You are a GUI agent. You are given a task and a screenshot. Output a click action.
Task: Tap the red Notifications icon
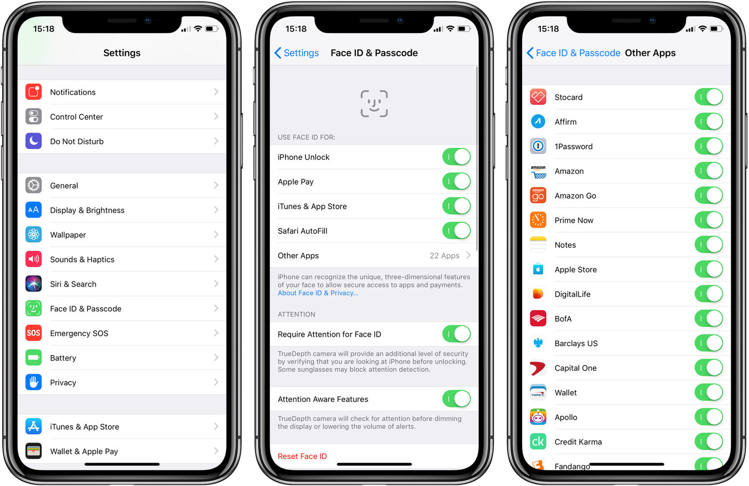(34, 92)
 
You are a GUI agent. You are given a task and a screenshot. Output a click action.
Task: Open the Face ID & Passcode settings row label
(86, 309)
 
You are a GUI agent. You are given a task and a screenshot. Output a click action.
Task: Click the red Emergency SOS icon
(34, 333)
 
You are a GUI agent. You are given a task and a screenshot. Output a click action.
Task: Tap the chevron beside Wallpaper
(216, 234)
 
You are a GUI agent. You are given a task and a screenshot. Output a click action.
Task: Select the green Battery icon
(34, 358)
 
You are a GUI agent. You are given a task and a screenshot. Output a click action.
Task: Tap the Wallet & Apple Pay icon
(34, 451)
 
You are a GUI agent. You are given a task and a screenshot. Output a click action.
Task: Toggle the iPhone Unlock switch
(456, 157)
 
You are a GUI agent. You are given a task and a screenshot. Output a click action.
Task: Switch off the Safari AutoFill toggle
(456, 230)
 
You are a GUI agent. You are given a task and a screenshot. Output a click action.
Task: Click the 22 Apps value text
(444, 256)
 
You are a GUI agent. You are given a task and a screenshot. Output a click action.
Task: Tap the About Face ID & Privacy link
(318, 293)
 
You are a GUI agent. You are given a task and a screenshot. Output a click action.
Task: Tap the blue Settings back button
(297, 53)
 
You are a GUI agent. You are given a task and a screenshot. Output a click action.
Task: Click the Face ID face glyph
(374, 104)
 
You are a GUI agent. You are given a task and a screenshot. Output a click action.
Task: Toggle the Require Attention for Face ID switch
(456, 334)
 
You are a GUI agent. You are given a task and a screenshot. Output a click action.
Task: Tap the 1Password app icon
(538, 146)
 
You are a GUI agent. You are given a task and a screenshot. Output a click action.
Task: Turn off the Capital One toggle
(709, 368)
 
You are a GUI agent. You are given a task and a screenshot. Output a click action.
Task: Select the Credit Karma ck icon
(538, 441)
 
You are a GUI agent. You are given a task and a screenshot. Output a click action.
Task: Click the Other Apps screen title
(650, 53)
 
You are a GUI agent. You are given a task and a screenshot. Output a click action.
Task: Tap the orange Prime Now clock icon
(538, 220)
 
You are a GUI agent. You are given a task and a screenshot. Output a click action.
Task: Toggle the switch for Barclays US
(709, 343)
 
